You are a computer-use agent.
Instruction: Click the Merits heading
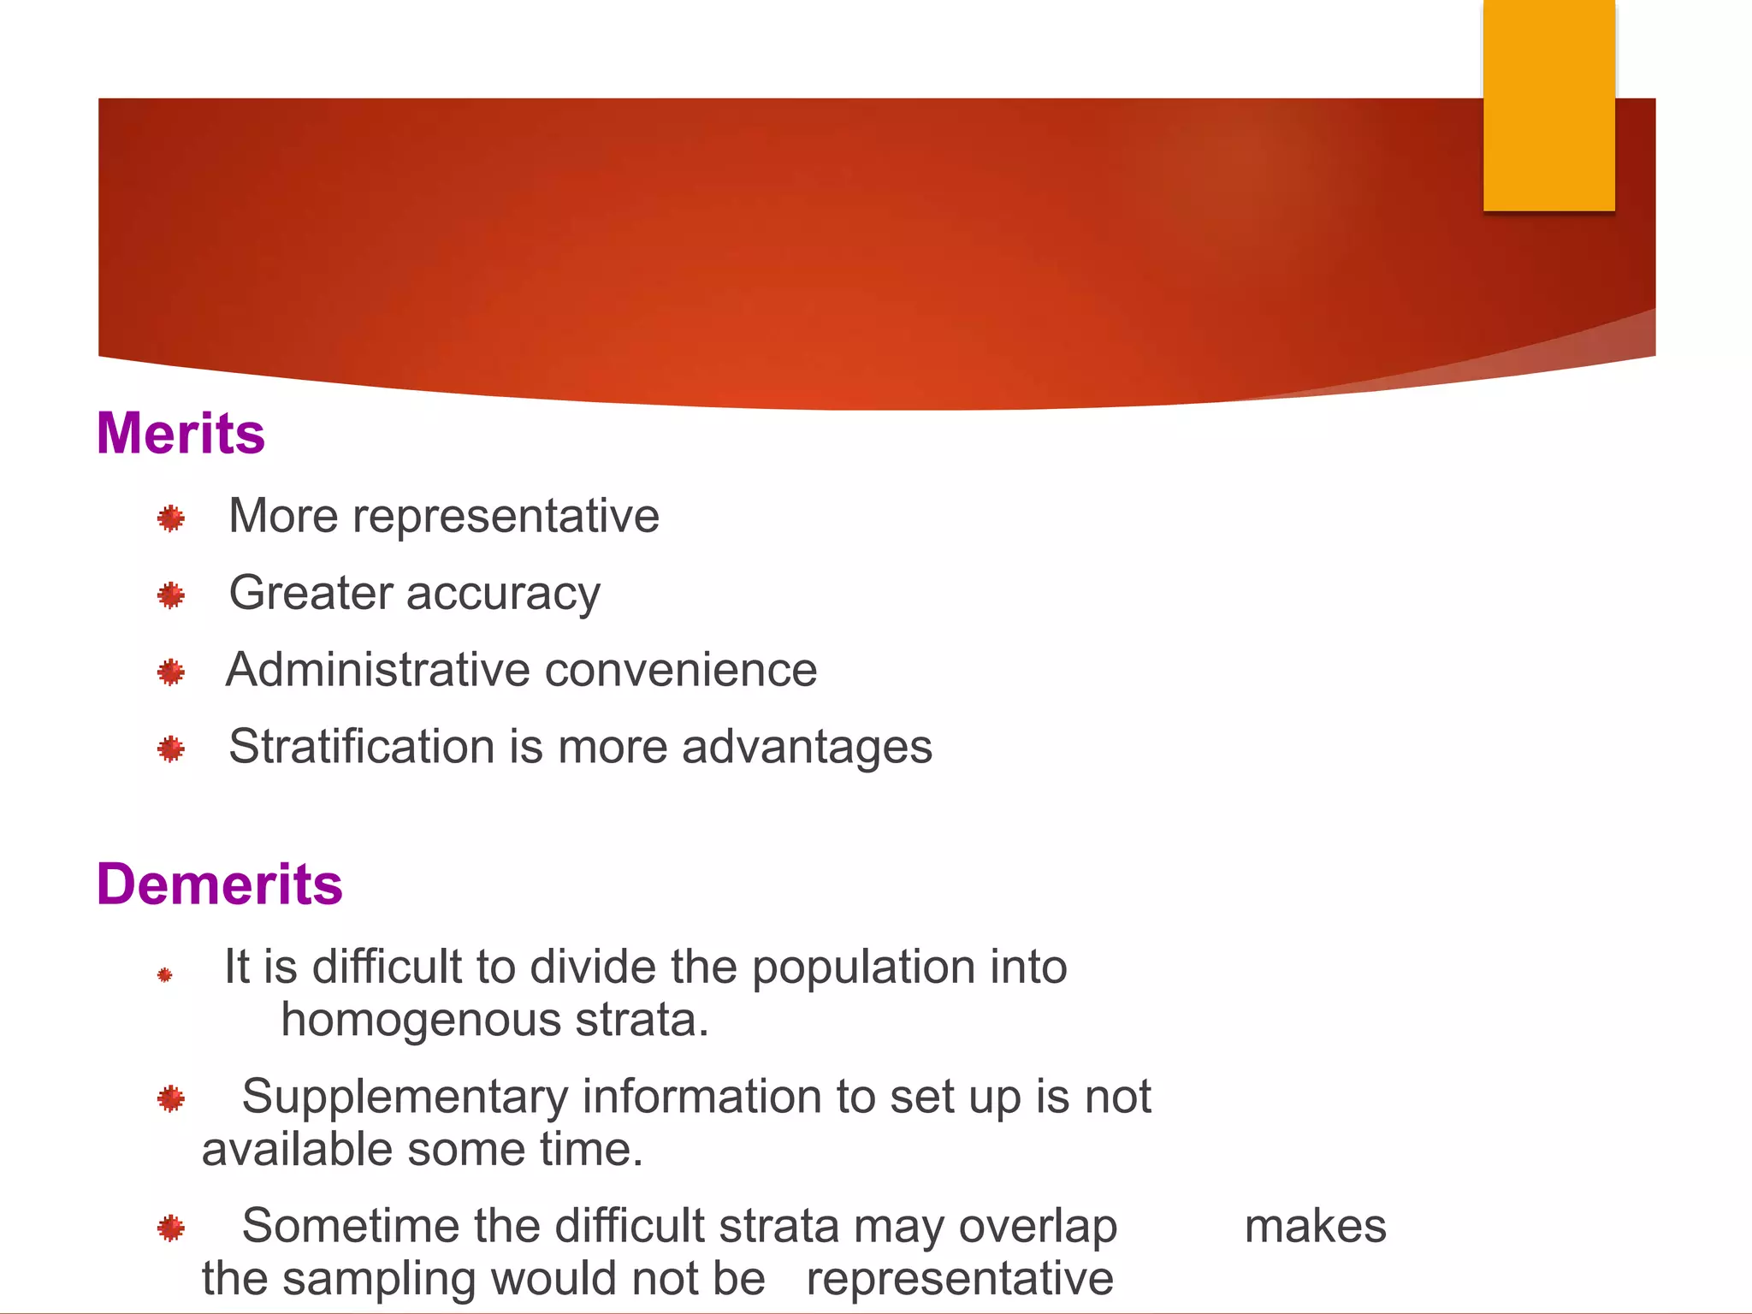[x=181, y=433]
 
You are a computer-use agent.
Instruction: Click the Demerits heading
[x=220, y=884]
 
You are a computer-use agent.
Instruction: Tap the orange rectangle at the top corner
[x=1548, y=105]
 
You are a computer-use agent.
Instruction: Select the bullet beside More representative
[x=171, y=518]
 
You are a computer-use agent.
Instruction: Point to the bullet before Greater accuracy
[x=171, y=595]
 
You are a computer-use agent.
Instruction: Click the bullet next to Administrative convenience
[x=171, y=672]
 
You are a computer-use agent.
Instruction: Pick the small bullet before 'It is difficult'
[x=165, y=974]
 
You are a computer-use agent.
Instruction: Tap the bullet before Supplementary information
[x=171, y=1098]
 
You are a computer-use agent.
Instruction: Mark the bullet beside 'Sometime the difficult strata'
[x=171, y=1228]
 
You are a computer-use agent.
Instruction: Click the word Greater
[x=311, y=593]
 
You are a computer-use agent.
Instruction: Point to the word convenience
[x=681, y=669]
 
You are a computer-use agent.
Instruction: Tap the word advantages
[x=807, y=748]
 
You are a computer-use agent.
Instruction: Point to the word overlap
[x=1038, y=1228]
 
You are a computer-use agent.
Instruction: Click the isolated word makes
[x=1315, y=1226]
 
